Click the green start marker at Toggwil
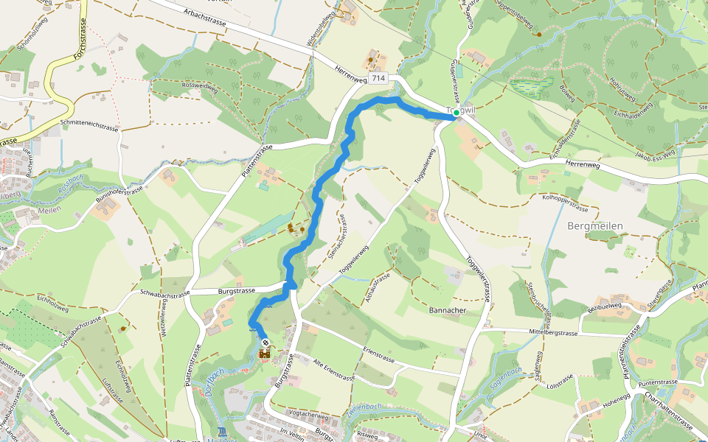[457, 113]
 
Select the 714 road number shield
[378, 78]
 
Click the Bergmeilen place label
[596, 225]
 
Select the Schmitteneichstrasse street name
[90, 125]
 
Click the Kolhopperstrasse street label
[570, 197]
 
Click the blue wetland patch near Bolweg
[532, 86]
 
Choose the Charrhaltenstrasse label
[667, 413]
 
